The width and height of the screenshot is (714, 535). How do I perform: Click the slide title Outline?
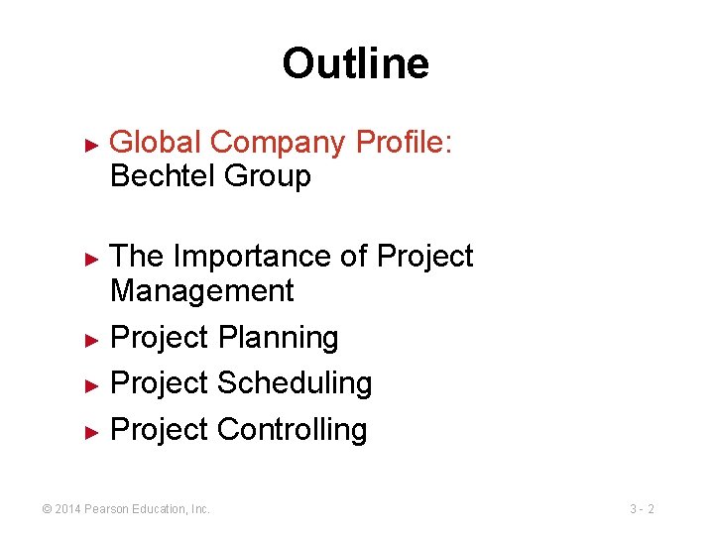click(355, 63)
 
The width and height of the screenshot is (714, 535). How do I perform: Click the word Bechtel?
click(164, 176)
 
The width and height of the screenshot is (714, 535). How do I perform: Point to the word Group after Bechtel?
click(268, 176)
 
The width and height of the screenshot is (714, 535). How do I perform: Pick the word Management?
click(202, 291)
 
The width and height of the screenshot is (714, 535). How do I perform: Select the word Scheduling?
click(294, 383)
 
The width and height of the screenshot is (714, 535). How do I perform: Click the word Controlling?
click(292, 430)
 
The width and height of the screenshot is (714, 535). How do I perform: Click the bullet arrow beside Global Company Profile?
click(91, 145)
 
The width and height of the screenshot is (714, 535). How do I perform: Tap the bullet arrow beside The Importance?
click(91, 259)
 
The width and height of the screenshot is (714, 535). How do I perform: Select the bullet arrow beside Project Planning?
click(91, 340)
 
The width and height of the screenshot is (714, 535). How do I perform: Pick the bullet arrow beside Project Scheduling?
click(91, 385)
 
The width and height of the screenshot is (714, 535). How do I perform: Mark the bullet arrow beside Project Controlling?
click(91, 432)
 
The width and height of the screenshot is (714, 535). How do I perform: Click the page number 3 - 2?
click(642, 509)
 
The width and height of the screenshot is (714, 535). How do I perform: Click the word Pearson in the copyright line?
click(106, 509)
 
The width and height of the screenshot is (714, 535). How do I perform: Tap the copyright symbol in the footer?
click(46, 509)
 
